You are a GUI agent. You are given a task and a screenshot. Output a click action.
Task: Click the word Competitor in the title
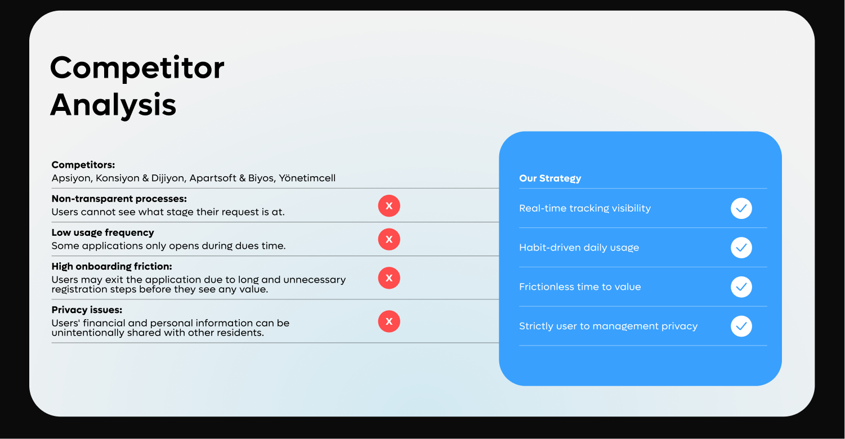137,68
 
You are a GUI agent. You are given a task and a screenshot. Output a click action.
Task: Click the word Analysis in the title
113,105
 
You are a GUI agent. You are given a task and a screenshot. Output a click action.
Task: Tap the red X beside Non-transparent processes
389,206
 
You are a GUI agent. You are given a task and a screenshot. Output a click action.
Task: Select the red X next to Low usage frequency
389,240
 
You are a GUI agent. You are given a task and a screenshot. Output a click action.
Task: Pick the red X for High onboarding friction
389,278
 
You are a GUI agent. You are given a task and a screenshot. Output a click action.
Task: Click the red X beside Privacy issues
389,321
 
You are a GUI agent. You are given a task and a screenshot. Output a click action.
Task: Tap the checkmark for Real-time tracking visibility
741,208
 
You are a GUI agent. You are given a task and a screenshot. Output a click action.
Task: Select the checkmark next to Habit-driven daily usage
741,248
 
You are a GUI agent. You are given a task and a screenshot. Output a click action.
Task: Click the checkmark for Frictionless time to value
741,286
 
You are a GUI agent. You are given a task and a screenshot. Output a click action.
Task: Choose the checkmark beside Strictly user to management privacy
741,326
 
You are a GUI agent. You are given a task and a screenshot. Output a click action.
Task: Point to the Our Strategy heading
550,178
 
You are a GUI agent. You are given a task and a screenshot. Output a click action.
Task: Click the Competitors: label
83,165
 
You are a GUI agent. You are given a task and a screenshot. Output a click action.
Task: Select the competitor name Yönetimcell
307,178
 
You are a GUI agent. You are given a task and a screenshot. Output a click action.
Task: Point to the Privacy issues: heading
87,310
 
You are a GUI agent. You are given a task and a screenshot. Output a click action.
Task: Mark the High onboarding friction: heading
111,266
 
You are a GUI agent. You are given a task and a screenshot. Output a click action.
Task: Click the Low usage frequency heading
102,232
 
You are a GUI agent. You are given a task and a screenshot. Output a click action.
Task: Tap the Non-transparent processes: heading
119,199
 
